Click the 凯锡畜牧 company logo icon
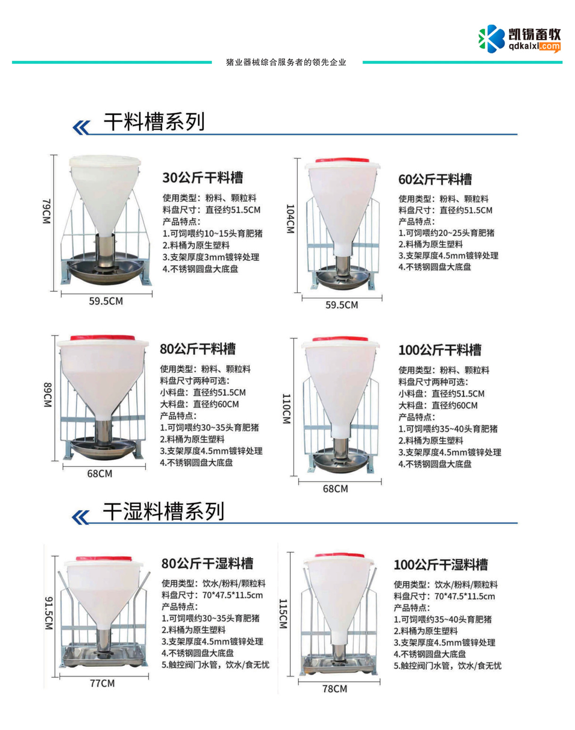(492, 39)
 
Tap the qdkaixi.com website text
(534, 46)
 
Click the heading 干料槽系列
(154, 122)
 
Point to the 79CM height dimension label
(47, 211)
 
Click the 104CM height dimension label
(290, 219)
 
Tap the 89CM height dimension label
(48, 395)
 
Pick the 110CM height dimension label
(287, 409)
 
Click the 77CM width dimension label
(102, 683)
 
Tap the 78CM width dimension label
(335, 689)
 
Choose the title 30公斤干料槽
(203, 178)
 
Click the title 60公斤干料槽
(435, 180)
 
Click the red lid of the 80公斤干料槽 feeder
(102, 338)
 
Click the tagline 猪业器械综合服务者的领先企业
(287, 62)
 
